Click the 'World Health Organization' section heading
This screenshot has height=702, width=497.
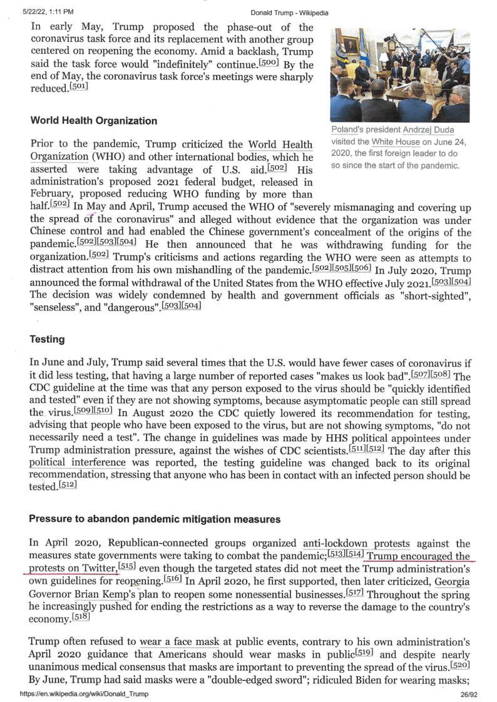tap(93, 121)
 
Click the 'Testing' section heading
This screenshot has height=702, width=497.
tap(47, 339)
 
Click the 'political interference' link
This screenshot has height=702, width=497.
tap(78, 462)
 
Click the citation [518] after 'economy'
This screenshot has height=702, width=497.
tap(81, 617)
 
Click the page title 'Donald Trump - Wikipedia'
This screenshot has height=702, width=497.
tap(289, 13)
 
